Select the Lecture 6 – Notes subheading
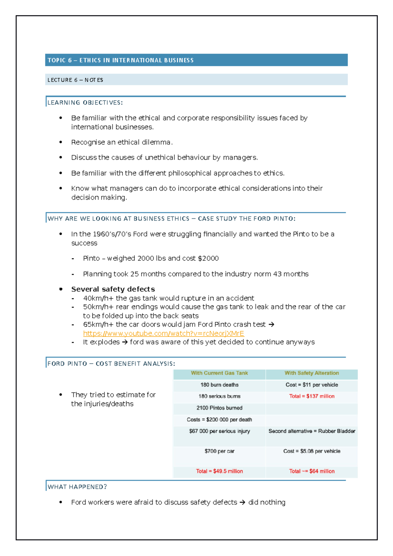(x=75, y=80)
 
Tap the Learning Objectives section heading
(x=85, y=102)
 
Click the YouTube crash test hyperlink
(x=163, y=333)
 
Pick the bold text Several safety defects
(x=113, y=289)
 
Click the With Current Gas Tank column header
(x=219, y=373)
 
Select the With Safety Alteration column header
(x=311, y=373)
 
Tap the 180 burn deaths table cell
(x=219, y=385)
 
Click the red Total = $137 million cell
(x=311, y=396)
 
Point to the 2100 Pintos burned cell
(x=219, y=408)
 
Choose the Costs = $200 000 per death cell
(x=219, y=420)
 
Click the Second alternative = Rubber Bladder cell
(x=311, y=431)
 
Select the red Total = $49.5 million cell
(x=219, y=471)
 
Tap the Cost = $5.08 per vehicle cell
(x=311, y=451)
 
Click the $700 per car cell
(x=219, y=451)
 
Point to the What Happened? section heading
(x=77, y=487)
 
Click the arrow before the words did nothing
(x=242, y=503)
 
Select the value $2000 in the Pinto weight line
(x=208, y=258)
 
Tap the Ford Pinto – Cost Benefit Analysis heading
(x=111, y=364)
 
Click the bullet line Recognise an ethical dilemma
(x=122, y=142)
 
